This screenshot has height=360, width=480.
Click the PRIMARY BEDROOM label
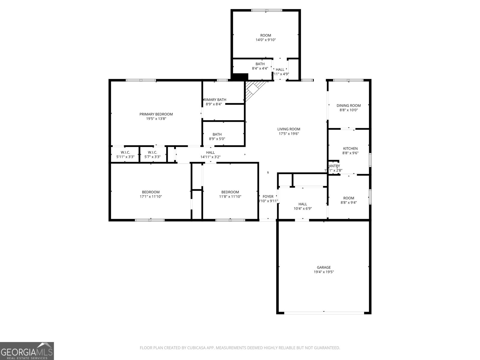(156, 114)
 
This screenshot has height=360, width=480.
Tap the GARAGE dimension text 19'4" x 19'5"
(324, 272)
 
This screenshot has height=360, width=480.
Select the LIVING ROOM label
(289, 129)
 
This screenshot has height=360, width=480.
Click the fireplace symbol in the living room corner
(253, 90)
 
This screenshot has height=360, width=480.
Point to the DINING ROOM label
(349, 106)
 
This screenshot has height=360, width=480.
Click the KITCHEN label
(350, 148)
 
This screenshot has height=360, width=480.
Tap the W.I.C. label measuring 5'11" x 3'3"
(125, 152)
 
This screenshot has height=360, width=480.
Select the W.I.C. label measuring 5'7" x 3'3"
(152, 152)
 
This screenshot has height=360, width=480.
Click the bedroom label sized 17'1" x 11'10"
(151, 192)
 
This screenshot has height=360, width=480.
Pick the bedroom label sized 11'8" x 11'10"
(230, 192)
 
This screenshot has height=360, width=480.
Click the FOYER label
(268, 197)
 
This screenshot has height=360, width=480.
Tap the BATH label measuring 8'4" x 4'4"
(260, 64)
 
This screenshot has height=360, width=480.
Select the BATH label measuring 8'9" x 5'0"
(217, 134)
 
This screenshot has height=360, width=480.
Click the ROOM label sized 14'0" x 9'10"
(265, 35)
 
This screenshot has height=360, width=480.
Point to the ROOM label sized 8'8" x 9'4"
(349, 198)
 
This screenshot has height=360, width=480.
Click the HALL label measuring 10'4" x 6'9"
(303, 204)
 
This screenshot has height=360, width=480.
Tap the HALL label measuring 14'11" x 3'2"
(210, 153)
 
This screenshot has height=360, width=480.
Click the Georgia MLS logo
(27, 351)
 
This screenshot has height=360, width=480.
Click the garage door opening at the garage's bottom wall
(324, 313)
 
